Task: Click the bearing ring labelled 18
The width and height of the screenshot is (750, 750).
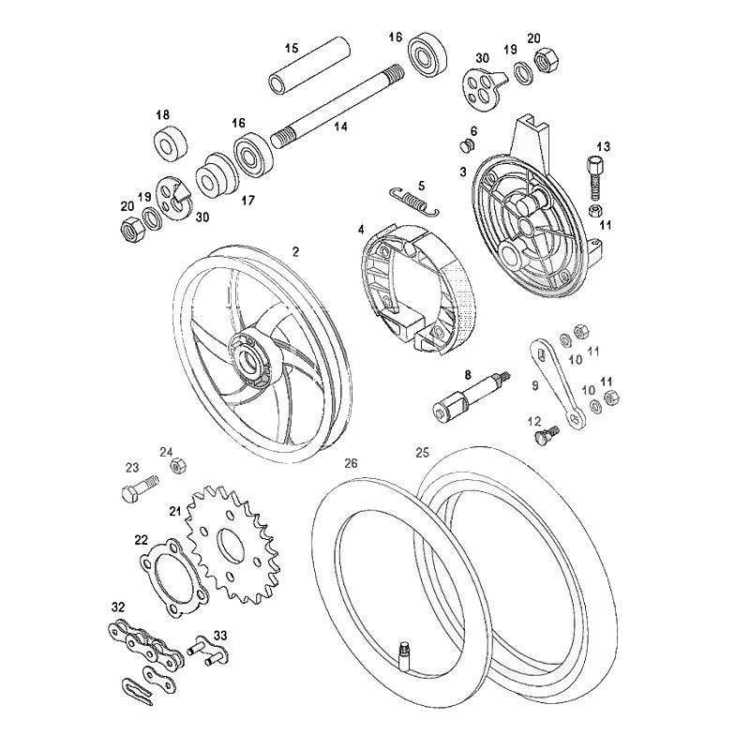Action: pyautogui.click(x=172, y=145)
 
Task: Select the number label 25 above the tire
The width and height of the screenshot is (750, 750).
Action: pyautogui.click(x=423, y=451)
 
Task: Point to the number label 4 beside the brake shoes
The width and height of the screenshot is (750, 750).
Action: pyautogui.click(x=361, y=229)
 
